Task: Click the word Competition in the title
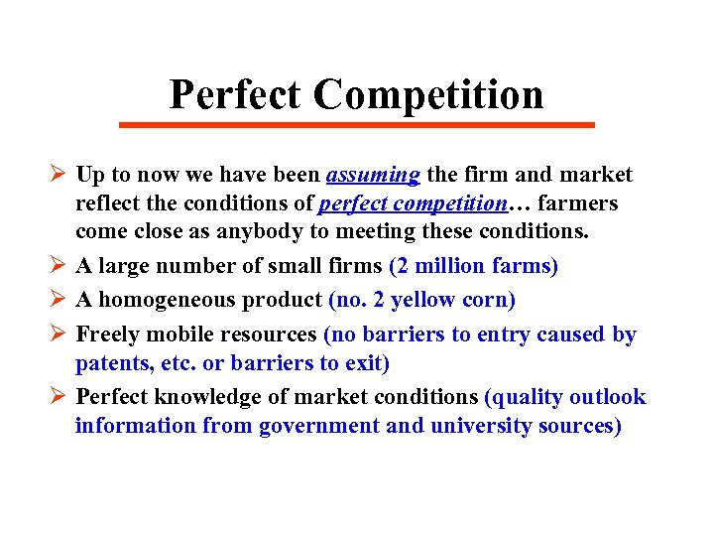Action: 428,94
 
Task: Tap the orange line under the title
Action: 356,125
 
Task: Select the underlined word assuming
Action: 373,176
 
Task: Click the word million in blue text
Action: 448,266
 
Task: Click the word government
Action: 318,426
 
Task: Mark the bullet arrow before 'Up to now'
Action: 58,176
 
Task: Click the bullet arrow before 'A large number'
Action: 58,266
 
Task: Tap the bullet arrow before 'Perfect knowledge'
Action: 58,397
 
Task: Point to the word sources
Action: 580,426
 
